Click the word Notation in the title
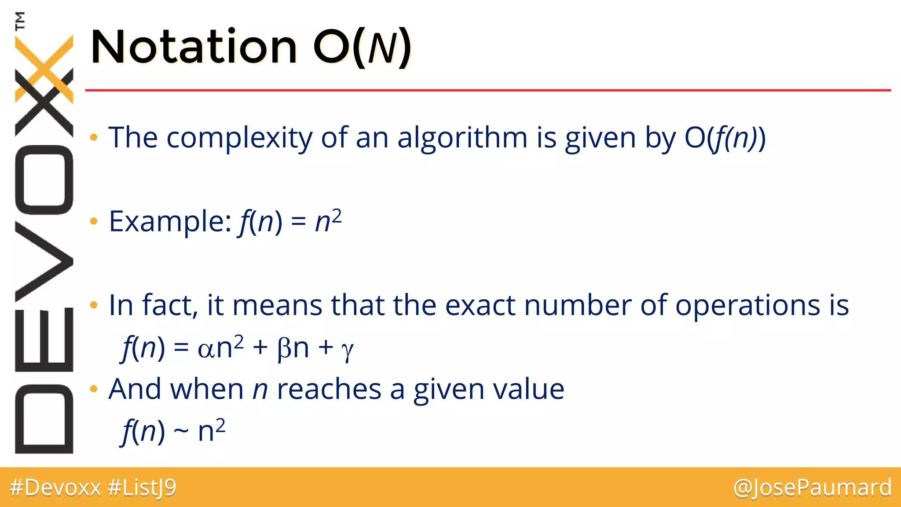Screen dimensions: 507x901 tap(194, 47)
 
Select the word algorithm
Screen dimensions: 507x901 tap(462, 138)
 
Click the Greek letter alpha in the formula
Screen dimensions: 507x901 tap(205, 349)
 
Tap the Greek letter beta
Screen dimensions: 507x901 tap(284, 349)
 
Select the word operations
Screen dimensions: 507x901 tap(747, 305)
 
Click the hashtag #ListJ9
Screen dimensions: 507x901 tap(142, 488)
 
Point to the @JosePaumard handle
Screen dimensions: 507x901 tap(812, 488)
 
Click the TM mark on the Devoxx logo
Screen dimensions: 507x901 tap(20, 20)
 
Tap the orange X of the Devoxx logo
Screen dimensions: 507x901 tap(44, 66)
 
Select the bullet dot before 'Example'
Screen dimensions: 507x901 tap(93, 221)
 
